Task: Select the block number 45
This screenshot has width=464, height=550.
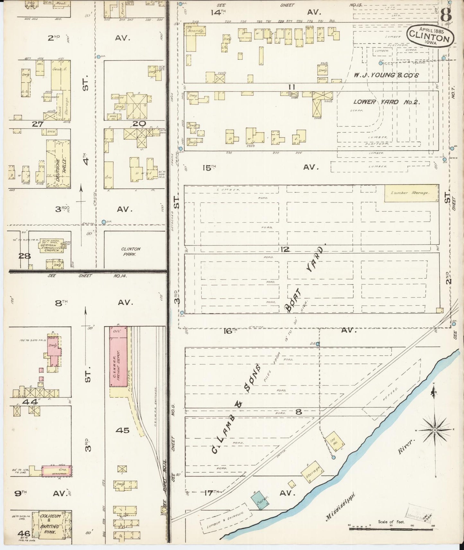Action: [x=122, y=430]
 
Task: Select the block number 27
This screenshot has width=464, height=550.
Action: [x=37, y=124]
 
